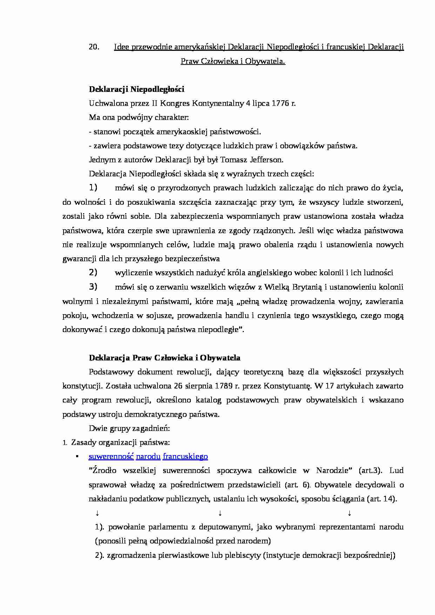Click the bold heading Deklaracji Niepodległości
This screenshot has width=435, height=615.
click(136, 89)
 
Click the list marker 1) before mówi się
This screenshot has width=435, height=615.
click(93, 188)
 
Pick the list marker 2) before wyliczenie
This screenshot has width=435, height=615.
click(93, 272)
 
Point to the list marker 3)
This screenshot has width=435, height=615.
click(93, 287)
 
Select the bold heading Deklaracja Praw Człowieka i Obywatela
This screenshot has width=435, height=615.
click(165, 358)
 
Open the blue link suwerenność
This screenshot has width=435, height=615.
click(111, 457)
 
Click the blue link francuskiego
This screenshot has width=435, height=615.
click(185, 457)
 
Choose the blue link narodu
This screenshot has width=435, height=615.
click(148, 457)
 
